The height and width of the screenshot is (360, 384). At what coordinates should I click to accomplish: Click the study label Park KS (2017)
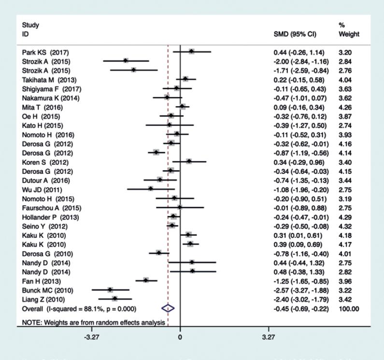(x=42, y=51)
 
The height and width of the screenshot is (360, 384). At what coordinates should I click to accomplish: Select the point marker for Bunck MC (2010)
(x=110, y=289)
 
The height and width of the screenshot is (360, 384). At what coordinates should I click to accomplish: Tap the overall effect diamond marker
(x=168, y=308)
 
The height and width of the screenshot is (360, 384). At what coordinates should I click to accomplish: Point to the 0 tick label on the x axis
(x=180, y=338)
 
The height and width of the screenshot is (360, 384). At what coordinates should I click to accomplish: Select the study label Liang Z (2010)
(x=43, y=299)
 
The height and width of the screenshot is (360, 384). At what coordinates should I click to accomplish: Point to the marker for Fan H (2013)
(x=146, y=280)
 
